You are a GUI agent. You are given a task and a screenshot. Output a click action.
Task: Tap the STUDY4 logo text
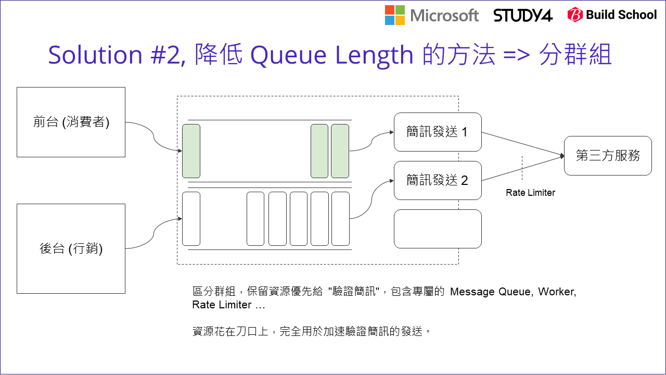[x=523, y=15]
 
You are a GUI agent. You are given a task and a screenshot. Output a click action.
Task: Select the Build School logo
[x=612, y=15]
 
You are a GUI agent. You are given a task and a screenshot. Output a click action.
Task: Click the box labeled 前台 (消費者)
[x=71, y=122]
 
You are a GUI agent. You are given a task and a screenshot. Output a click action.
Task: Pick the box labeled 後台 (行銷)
[x=71, y=248]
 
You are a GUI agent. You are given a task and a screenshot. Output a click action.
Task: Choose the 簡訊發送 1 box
[x=438, y=132]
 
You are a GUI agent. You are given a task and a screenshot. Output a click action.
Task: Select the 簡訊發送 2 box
[x=438, y=180]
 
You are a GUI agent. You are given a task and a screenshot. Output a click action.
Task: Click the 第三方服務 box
[x=608, y=155]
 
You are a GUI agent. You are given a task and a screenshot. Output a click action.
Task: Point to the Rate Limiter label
[x=530, y=193]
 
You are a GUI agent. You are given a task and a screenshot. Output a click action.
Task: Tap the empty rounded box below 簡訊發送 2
[x=438, y=229]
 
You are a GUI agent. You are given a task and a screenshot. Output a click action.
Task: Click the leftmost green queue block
[x=191, y=151]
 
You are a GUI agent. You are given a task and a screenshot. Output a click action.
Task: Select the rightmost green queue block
[x=340, y=151]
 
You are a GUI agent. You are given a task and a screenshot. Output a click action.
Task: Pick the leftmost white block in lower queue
[x=191, y=218]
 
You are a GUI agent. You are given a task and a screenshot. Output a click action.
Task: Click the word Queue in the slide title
[x=289, y=55]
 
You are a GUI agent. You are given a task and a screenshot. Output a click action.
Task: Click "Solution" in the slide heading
[x=95, y=55]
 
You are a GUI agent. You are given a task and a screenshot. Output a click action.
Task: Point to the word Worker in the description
[x=557, y=292]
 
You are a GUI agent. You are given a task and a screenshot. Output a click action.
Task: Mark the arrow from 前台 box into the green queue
[x=154, y=138]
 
